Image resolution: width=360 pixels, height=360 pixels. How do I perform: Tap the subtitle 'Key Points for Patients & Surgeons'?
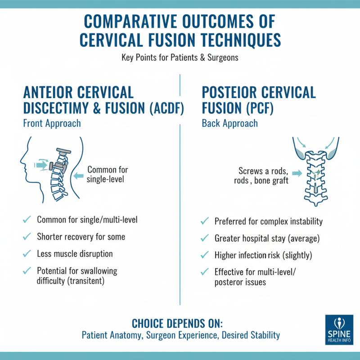click(180, 58)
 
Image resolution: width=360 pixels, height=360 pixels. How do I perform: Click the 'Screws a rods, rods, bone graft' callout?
click(264, 175)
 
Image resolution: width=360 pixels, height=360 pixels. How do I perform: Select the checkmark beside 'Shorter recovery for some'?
click(27, 237)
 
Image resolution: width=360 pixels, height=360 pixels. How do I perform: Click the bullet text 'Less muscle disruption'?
click(75, 253)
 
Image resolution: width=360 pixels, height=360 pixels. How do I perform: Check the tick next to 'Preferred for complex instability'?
click(205, 221)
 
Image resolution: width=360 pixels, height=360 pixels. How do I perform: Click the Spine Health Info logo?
click(338, 330)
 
